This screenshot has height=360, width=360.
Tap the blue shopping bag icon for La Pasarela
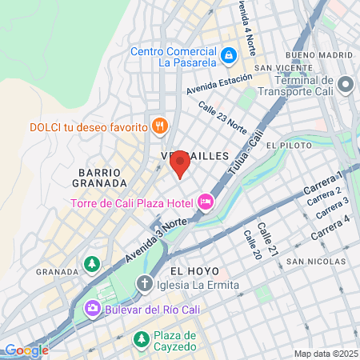coord(229,54)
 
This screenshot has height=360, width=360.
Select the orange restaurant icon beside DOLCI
coord(160,126)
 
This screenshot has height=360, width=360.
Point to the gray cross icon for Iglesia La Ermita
coord(144,282)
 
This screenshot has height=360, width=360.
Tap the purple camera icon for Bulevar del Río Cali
coord(94,308)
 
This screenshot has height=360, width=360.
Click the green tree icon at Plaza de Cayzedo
coord(142,340)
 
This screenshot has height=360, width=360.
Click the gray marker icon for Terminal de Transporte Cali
coord(346,84)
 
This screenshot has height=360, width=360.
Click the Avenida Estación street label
coord(218,84)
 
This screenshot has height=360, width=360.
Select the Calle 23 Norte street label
coord(222,117)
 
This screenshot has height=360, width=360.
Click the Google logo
coord(26,350)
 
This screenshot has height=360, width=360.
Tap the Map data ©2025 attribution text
coord(324,354)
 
